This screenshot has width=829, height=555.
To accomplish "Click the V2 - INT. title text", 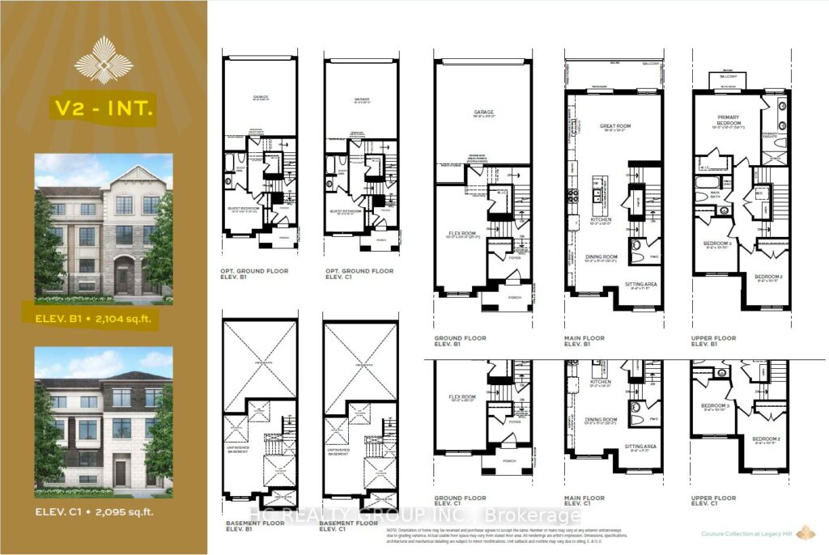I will pyautogui.click(x=103, y=109).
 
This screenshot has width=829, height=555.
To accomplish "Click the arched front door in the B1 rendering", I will pyautogui.click(x=122, y=277).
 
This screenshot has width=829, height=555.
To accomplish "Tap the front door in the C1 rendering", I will pyautogui.click(x=120, y=472).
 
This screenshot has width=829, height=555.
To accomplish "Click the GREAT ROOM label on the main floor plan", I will pyautogui.click(x=615, y=126).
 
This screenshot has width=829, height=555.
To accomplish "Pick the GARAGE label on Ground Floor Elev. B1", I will pyautogui.click(x=483, y=114).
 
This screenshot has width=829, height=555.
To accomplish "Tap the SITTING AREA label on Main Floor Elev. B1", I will pyautogui.click(x=641, y=286).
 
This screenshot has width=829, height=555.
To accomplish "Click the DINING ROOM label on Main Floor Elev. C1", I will pyautogui.click(x=600, y=420).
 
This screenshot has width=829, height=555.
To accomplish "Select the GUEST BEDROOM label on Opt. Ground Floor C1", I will pyautogui.click(x=346, y=213).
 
